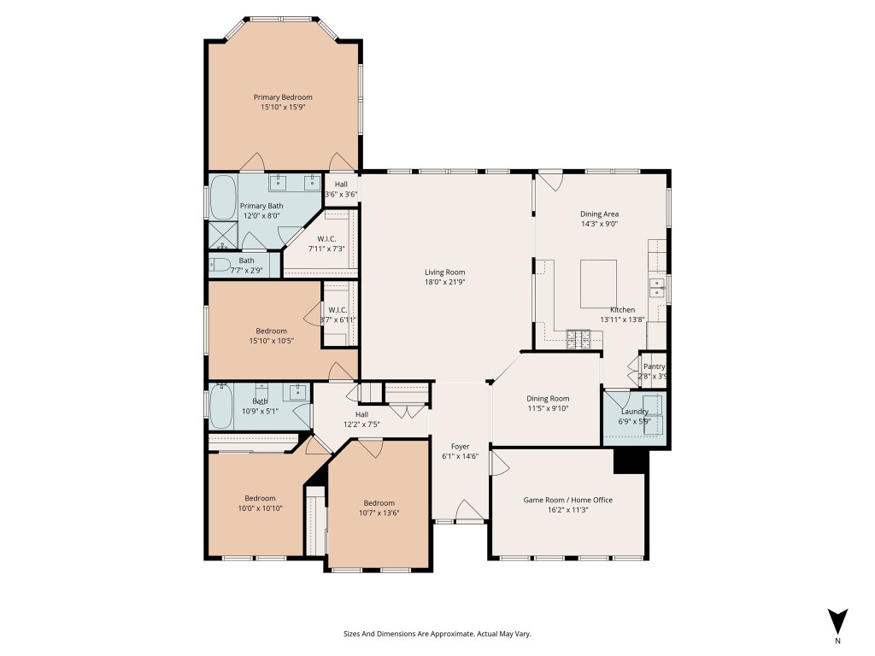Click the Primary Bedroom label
[x=283, y=97]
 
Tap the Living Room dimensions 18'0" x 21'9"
[x=444, y=282]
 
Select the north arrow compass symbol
[x=837, y=622]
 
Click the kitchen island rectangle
[x=598, y=284]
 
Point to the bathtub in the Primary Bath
[x=223, y=197]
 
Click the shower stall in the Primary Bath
[x=223, y=235]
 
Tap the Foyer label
[x=461, y=446]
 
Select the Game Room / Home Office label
[x=567, y=500]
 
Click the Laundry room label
[x=635, y=412]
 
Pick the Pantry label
[x=654, y=366]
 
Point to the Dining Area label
[x=599, y=214]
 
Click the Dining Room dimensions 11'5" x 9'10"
[x=548, y=408]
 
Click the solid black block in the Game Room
[x=630, y=461]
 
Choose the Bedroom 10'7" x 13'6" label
[x=379, y=503]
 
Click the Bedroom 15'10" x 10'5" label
[x=271, y=331]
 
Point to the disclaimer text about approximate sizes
[x=437, y=634]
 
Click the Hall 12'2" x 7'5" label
[x=361, y=414]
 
